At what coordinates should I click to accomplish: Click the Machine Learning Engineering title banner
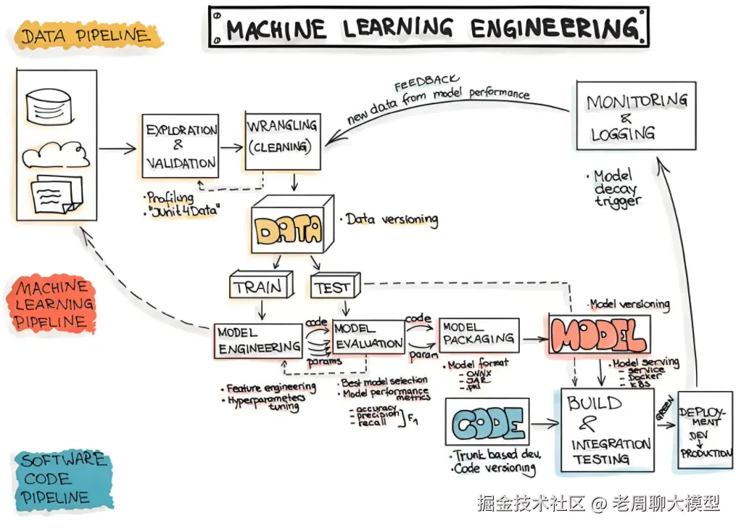(429, 28)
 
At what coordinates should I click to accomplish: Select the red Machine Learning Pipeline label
(53, 304)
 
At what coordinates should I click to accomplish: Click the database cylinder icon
(50, 105)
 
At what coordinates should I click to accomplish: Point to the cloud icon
(55, 154)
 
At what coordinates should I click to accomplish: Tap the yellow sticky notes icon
(57, 194)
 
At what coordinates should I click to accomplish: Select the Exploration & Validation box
(181, 146)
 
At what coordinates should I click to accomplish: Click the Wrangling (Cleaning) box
(282, 141)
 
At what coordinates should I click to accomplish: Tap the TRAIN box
(259, 287)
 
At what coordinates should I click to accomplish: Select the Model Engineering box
(259, 339)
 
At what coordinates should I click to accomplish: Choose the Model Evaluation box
(368, 336)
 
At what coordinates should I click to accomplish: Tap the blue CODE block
(489, 426)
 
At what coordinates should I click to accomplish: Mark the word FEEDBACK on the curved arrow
(426, 83)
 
